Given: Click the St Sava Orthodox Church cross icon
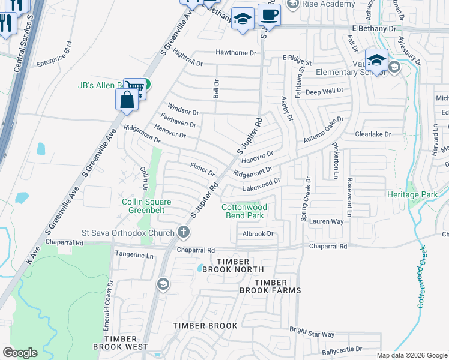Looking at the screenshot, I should [184, 232].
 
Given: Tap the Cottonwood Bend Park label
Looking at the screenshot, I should [244, 211].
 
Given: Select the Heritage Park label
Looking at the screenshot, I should [429, 195].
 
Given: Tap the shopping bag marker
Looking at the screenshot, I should [127, 101].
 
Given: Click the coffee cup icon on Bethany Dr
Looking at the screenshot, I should [269, 15].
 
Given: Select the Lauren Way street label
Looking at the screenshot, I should [326, 221].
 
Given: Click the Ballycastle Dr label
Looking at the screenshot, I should [343, 349].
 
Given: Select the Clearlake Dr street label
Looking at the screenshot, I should [373, 134].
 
